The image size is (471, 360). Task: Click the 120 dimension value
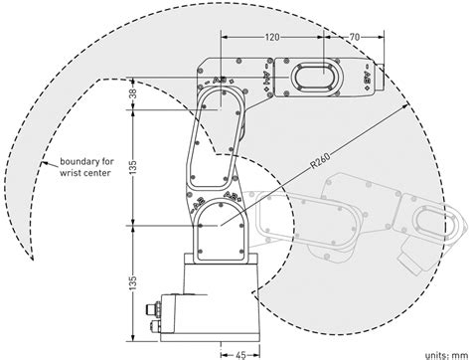pos(272,37)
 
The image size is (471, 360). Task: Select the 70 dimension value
pos(355,37)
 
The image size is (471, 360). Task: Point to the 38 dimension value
pos(132,93)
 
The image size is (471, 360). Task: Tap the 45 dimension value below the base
pos(240,355)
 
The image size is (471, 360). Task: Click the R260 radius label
pos(320,161)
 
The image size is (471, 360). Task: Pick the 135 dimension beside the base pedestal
pos(132,282)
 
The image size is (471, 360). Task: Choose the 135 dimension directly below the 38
pos(132,167)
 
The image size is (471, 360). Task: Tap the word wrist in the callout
pos(69,173)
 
